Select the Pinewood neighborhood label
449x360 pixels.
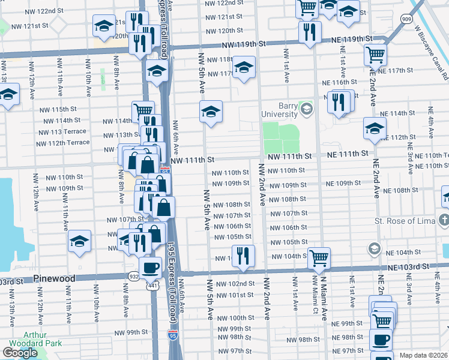click(x=54, y=279)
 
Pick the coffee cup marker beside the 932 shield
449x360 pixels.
click(x=150, y=267)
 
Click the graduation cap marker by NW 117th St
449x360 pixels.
click(x=244, y=67)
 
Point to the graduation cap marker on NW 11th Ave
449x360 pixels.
click(x=79, y=241)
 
